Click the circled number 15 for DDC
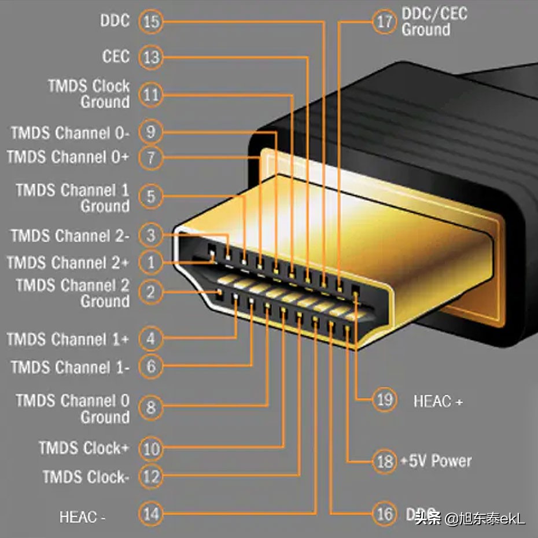pyautogui.click(x=151, y=22)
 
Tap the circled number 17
pyautogui.click(x=384, y=22)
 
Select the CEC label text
pyautogui.click(x=116, y=57)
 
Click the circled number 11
pyautogui.click(x=151, y=95)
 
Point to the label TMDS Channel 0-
pyautogui.click(x=70, y=133)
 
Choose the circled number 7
pyautogui.click(x=151, y=157)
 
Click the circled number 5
pyautogui.click(x=151, y=197)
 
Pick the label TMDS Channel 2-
pyautogui.click(x=70, y=236)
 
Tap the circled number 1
pyautogui.click(x=151, y=263)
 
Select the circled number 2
pyautogui.click(x=151, y=292)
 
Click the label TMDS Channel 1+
pyautogui.click(x=68, y=340)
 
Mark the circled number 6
pyautogui.click(x=151, y=366)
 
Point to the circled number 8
pyautogui.click(x=151, y=408)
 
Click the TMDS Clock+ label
pyautogui.click(x=84, y=448)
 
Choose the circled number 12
pyautogui.click(x=151, y=477)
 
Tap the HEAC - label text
pyautogui.click(x=82, y=517)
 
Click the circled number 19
pyautogui.click(x=384, y=400)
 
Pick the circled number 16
pyautogui.click(x=384, y=514)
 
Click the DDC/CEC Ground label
pyautogui.click(x=434, y=22)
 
